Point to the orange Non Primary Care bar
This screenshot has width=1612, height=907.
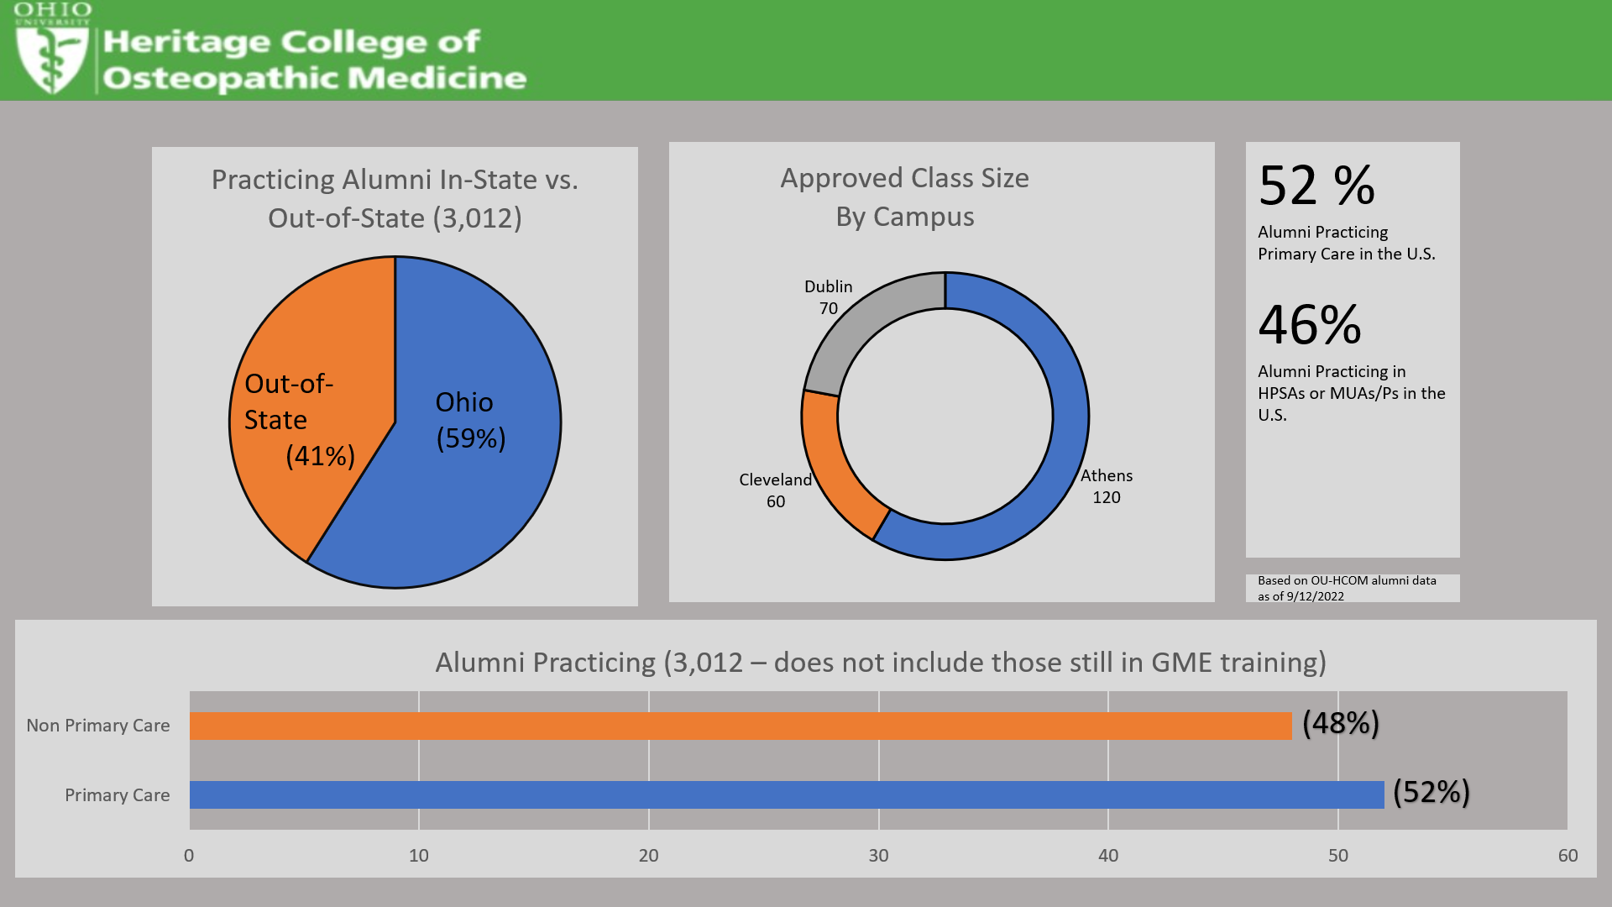[x=739, y=726]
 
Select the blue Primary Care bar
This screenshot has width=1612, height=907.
[x=786, y=794]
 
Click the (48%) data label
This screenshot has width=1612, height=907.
[x=1340, y=723]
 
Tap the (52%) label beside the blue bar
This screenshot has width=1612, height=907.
[x=1431, y=792]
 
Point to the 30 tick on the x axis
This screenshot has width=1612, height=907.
[x=878, y=855]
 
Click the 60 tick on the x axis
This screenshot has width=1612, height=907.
[x=1568, y=855]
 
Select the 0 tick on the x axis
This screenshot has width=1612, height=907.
[x=189, y=855]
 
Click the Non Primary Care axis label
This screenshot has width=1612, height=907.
[x=98, y=726]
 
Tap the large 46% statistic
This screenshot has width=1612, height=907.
[x=1309, y=325]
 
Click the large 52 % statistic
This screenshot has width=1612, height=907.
[x=1316, y=186]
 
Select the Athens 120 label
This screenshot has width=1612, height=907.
[x=1106, y=486]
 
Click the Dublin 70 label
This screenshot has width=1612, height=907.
[x=828, y=297]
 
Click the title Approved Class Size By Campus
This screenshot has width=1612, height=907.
[x=904, y=197]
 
